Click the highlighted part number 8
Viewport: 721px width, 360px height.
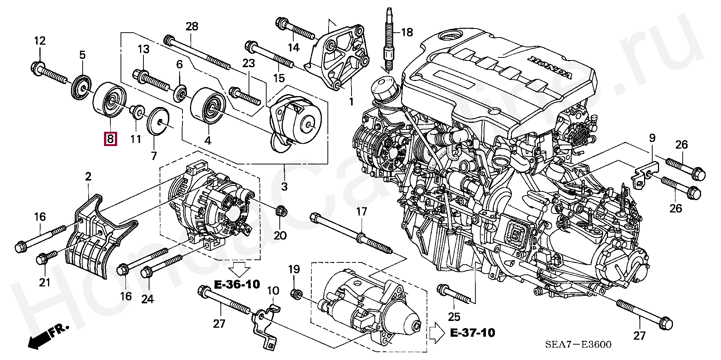[x=110, y=139]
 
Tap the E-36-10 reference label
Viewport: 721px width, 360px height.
[x=237, y=285]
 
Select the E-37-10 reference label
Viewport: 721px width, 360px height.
[x=472, y=332]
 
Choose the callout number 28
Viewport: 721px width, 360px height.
[x=192, y=26]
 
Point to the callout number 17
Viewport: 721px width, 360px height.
[x=361, y=212]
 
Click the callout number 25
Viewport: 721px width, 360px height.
[x=454, y=318]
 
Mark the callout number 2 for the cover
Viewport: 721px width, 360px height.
[x=88, y=176]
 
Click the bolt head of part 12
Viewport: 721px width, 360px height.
[x=37, y=68]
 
